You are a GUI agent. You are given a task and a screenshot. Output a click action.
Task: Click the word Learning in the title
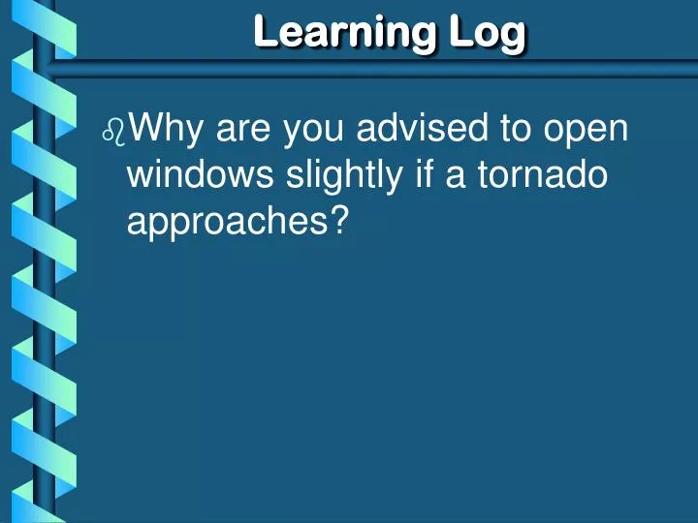(344, 32)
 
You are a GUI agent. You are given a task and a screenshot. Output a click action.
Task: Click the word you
(315, 129)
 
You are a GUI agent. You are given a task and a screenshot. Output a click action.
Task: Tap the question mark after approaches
(338, 222)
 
